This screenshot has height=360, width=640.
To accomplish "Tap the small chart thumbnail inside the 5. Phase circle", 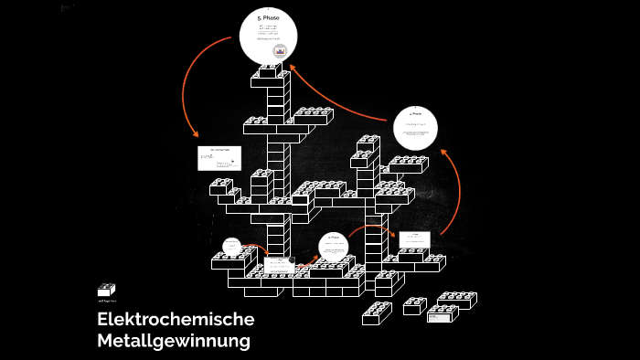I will [280, 50].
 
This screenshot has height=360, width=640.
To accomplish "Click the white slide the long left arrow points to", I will [219, 157].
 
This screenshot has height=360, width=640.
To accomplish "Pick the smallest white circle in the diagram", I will [231, 246].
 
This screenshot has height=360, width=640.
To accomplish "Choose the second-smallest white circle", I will [334, 245].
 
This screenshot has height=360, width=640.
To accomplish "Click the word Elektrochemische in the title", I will [175, 320].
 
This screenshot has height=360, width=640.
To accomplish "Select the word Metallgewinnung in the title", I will [173, 342].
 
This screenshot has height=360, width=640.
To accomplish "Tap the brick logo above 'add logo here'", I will [107, 290].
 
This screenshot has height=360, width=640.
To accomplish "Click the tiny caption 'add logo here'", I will [107, 301].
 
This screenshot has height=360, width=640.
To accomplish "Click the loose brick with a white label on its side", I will [443, 315].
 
